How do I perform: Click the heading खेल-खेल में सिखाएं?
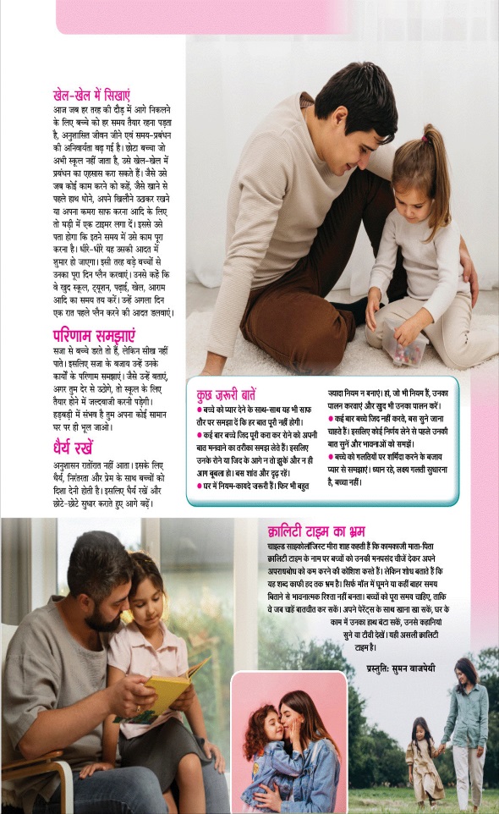pos(91,96)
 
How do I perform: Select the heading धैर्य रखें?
pos(73,448)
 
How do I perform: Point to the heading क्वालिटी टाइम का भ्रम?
pos(316,531)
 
